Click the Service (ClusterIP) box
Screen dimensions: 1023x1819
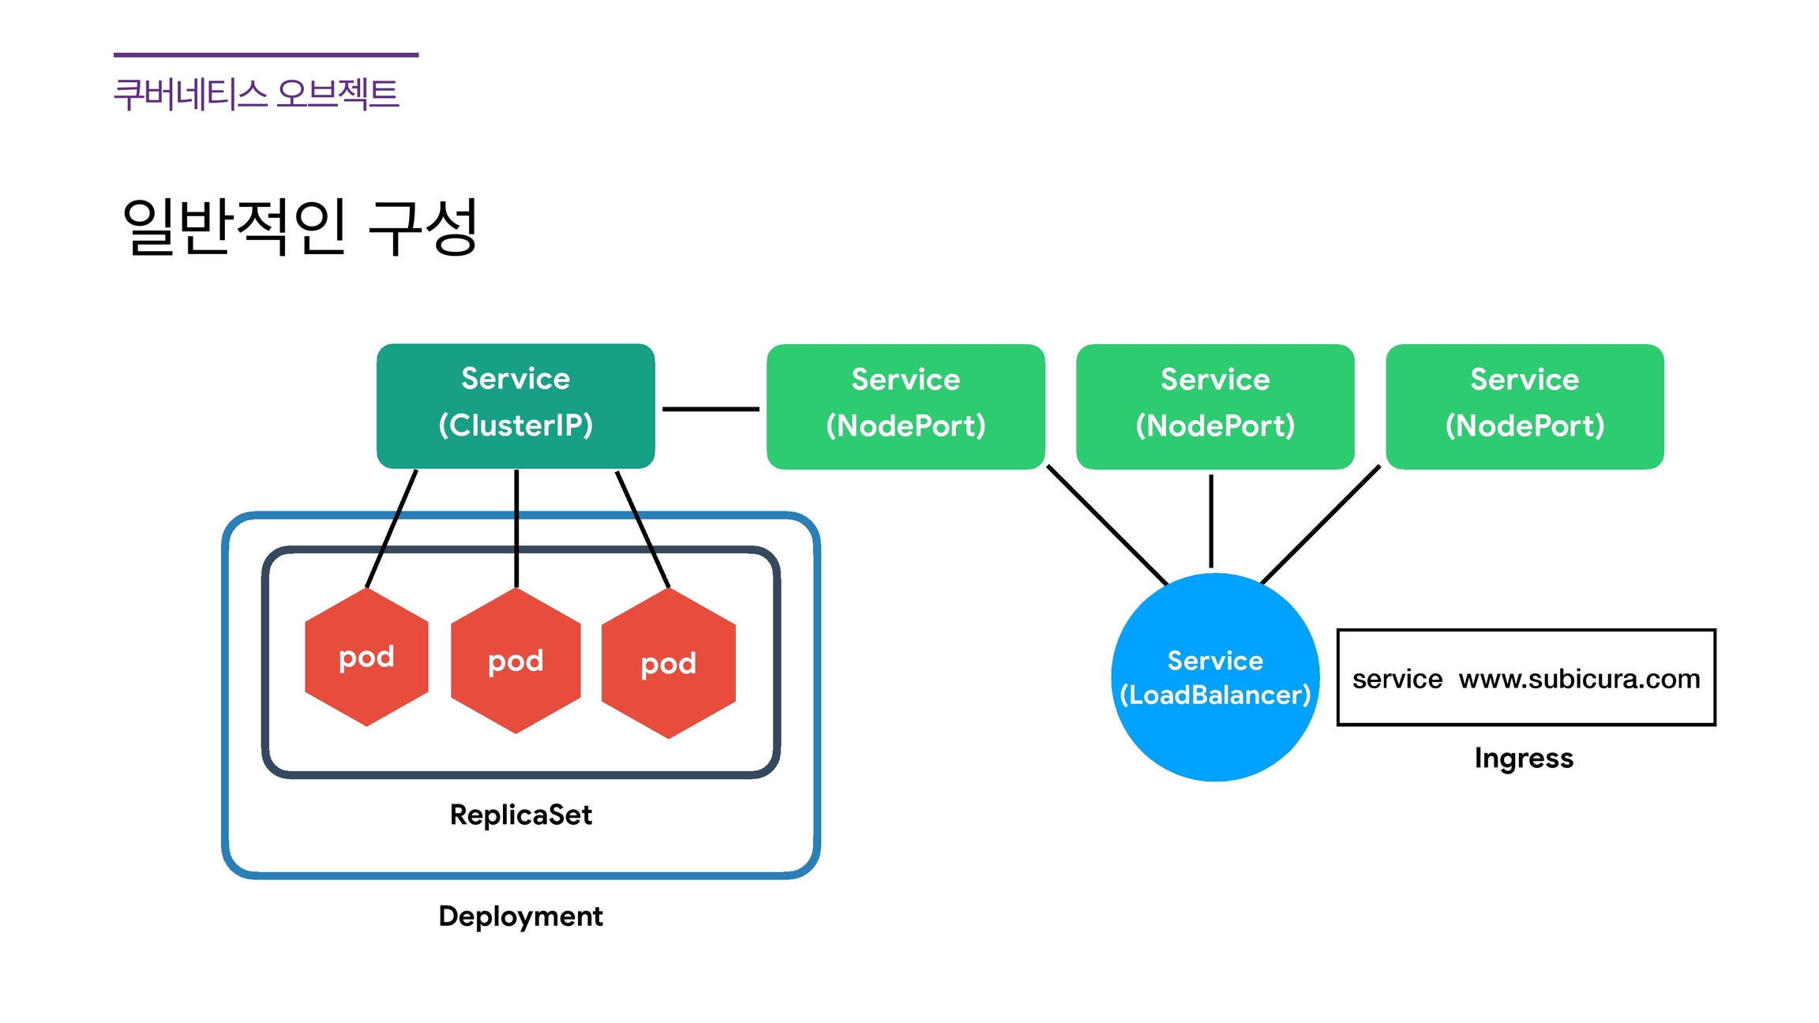tap(516, 406)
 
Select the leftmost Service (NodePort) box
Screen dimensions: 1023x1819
tap(906, 407)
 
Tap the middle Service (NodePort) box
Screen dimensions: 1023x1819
tap(1215, 407)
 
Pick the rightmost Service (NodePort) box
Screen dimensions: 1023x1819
tap(1525, 407)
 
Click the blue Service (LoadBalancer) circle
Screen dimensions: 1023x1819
tap(1215, 677)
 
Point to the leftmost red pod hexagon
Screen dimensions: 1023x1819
tap(366, 658)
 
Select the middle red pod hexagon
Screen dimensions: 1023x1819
tap(516, 661)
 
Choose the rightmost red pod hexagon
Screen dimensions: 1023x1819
tap(669, 664)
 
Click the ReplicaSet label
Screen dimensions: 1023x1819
tap(520, 815)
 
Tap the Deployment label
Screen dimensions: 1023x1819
tap(520, 916)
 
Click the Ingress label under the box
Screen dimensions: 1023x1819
tap(1524, 759)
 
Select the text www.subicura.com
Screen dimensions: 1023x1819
tap(1579, 679)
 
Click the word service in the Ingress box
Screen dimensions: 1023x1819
tap(1397, 679)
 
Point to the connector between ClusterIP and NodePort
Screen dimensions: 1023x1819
tap(711, 409)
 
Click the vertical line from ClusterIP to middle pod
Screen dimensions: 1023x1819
tap(516, 529)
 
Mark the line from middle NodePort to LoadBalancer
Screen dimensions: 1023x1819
tap(1211, 521)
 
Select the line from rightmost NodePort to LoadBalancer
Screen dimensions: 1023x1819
tap(1320, 525)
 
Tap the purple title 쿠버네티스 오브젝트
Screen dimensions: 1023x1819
tap(257, 94)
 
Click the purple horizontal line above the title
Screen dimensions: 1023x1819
tap(266, 55)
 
